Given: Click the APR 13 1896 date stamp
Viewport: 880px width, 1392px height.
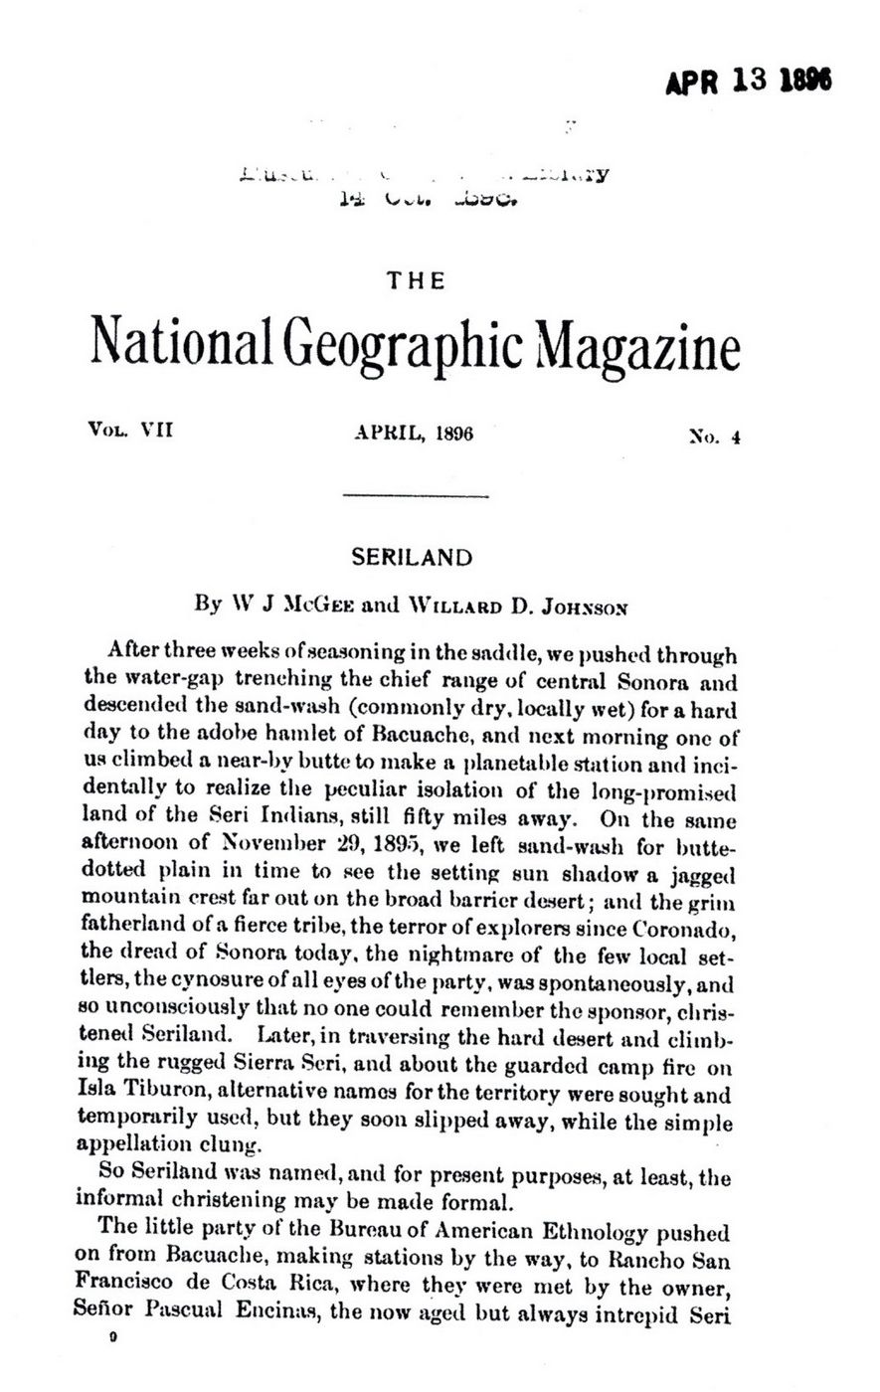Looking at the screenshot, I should tap(747, 82).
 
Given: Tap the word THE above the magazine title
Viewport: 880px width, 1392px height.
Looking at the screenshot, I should tap(416, 282).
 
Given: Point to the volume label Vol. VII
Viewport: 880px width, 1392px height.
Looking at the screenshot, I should tap(130, 432).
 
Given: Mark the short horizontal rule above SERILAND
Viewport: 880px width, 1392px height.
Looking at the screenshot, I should tap(415, 495).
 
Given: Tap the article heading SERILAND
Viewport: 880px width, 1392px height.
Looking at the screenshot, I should tap(416, 557).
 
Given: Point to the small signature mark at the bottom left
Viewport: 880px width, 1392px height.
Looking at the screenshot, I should tap(114, 1338).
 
